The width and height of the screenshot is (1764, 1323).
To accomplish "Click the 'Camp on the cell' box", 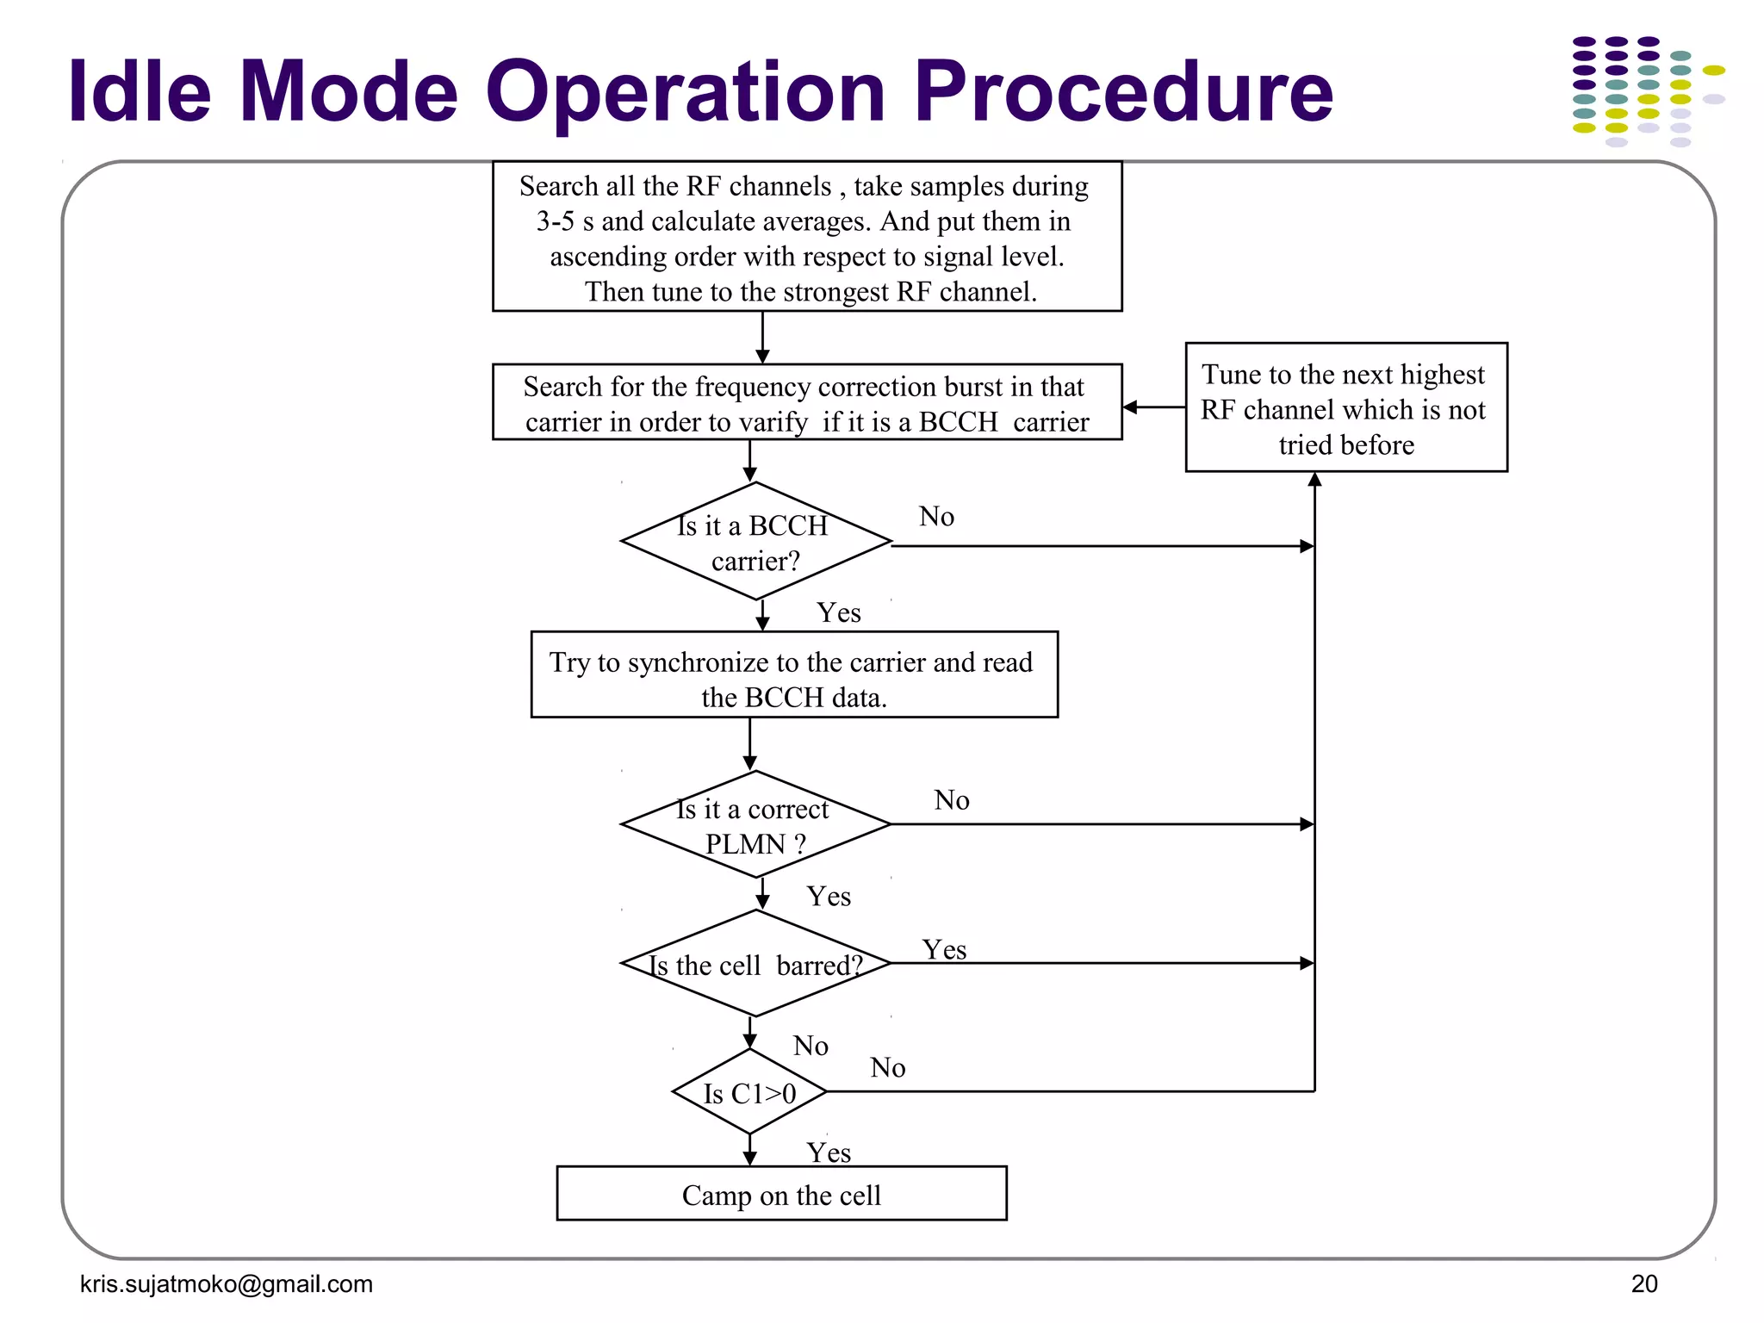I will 781,1194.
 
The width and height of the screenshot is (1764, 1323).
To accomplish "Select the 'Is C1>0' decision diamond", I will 749,1092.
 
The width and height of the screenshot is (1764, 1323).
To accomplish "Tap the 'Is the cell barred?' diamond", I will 755,964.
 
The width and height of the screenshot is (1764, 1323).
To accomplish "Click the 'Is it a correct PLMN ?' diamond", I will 755,825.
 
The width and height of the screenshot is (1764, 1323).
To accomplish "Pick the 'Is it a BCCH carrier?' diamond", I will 755,542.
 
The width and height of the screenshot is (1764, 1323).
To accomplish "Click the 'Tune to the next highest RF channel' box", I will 1345,408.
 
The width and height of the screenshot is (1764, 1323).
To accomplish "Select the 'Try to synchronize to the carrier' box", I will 793,675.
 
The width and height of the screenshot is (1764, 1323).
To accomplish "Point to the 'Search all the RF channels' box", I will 807,237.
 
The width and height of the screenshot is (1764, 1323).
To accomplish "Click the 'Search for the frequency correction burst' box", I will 807,402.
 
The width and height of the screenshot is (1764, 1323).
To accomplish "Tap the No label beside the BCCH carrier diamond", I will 936,517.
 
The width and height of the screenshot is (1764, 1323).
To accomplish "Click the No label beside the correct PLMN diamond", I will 952,800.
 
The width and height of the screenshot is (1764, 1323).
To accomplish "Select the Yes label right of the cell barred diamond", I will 944,950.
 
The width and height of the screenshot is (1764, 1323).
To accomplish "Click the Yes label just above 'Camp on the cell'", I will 829,1152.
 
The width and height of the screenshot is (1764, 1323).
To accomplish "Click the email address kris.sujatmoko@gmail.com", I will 226,1284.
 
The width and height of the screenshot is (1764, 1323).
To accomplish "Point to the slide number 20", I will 1643,1284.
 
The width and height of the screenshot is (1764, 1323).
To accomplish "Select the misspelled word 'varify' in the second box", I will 773,423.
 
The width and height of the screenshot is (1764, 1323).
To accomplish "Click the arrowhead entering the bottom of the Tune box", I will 1314,480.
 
